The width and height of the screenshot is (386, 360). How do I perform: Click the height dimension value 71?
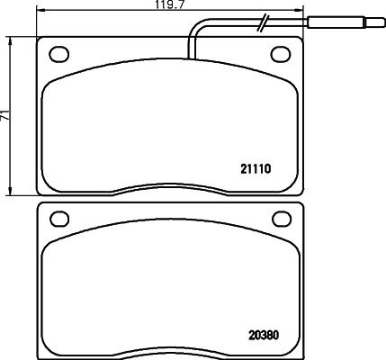point(4,115)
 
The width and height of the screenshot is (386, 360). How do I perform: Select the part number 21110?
point(256,168)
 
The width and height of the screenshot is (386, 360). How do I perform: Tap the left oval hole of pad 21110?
point(60,52)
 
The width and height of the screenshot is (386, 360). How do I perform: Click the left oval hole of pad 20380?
point(60,218)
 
